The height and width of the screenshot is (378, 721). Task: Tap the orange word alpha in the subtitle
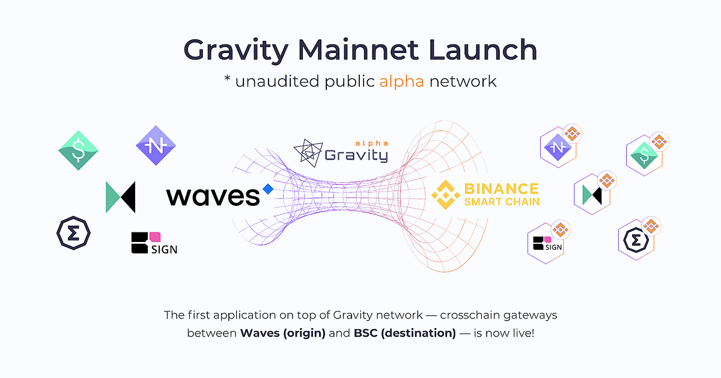[x=401, y=81]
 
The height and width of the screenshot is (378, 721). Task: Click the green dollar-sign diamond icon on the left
[x=79, y=150]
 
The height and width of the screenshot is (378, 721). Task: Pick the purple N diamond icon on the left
[x=156, y=145]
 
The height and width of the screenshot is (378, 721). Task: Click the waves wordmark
[x=213, y=196]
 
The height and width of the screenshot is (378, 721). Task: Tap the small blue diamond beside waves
[x=268, y=189]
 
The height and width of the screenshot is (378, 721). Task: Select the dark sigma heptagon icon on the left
[x=73, y=233]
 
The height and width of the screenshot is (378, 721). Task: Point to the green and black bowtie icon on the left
[x=120, y=197]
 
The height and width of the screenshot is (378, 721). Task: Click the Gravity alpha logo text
[x=356, y=154]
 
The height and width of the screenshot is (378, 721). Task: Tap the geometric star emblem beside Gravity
[x=308, y=153]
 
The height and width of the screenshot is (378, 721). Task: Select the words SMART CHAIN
[x=501, y=202]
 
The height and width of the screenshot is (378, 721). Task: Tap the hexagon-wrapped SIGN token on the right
[x=546, y=243]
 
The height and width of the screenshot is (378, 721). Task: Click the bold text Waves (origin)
[x=282, y=333]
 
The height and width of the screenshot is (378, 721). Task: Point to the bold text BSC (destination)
[x=404, y=333]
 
